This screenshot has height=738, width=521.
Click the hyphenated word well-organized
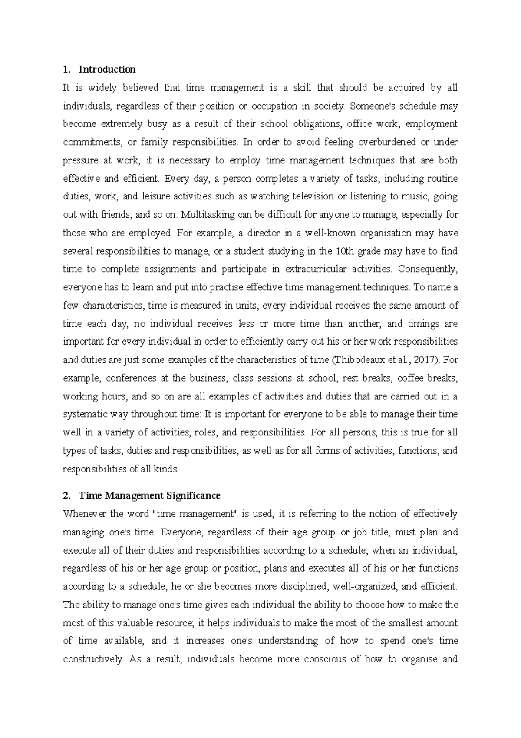coord(365,587)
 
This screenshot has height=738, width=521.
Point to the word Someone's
coord(372,106)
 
